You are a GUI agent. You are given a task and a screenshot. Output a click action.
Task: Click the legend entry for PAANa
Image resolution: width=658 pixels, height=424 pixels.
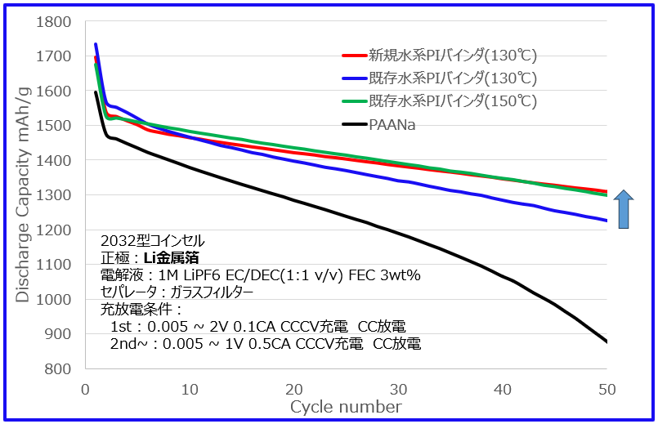point(392,124)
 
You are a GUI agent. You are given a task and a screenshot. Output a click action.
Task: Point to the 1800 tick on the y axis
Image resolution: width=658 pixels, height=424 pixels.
point(54,22)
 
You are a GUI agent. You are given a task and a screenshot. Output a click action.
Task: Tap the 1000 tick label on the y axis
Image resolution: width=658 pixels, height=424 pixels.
point(54,299)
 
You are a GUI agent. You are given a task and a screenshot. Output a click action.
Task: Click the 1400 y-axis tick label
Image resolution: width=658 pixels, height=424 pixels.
point(54,161)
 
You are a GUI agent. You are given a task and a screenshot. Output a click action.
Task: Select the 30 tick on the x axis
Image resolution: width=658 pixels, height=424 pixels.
point(399,388)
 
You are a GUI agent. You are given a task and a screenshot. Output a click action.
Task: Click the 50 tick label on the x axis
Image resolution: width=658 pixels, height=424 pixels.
point(607,388)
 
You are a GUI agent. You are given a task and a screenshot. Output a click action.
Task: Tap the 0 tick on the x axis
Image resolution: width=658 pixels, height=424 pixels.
point(85,388)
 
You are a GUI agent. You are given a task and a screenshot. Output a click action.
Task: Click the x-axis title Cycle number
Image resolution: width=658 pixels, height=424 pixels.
point(346,407)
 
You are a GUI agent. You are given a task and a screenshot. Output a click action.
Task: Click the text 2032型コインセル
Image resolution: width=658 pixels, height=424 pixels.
point(153,241)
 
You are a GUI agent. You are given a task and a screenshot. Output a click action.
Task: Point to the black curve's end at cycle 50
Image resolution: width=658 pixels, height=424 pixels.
point(607,341)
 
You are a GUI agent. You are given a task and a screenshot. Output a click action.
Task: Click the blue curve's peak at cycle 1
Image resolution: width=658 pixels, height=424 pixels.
point(96,44)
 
